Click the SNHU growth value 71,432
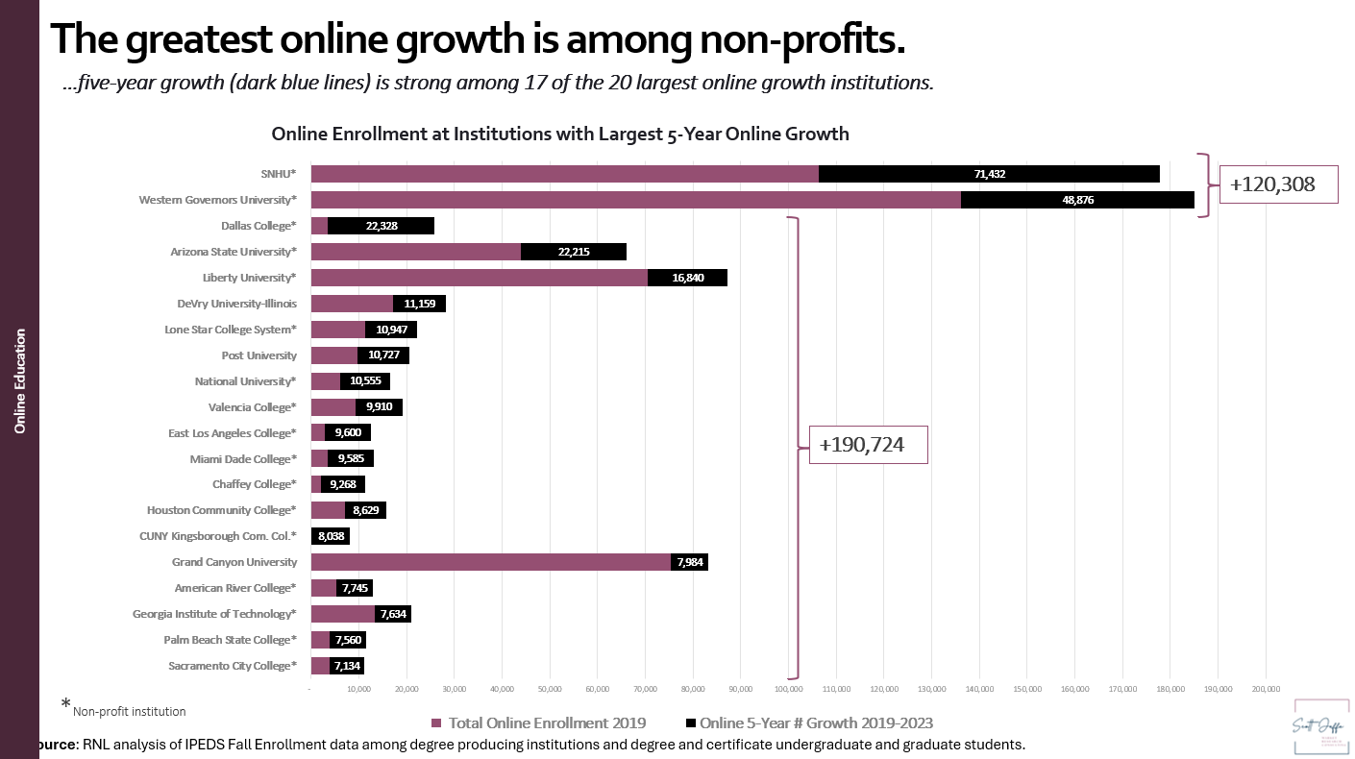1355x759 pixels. [989, 174]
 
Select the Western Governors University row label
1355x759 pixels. [217, 200]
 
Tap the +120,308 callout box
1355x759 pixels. [1278, 183]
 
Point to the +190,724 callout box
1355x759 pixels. [868, 445]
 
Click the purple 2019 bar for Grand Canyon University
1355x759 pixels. [490, 562]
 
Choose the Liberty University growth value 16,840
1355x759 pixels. [687, 278]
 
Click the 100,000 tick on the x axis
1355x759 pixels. [788, 689]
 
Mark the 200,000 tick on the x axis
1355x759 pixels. [1266, 689]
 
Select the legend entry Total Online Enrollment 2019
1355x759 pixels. [538, 722]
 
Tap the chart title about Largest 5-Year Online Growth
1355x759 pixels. [560, 134]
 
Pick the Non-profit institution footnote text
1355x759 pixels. [129, 712]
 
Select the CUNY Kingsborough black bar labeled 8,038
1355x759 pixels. [330, 536]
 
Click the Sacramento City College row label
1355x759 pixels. [232, 666]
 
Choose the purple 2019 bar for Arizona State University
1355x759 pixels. [415, 252]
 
